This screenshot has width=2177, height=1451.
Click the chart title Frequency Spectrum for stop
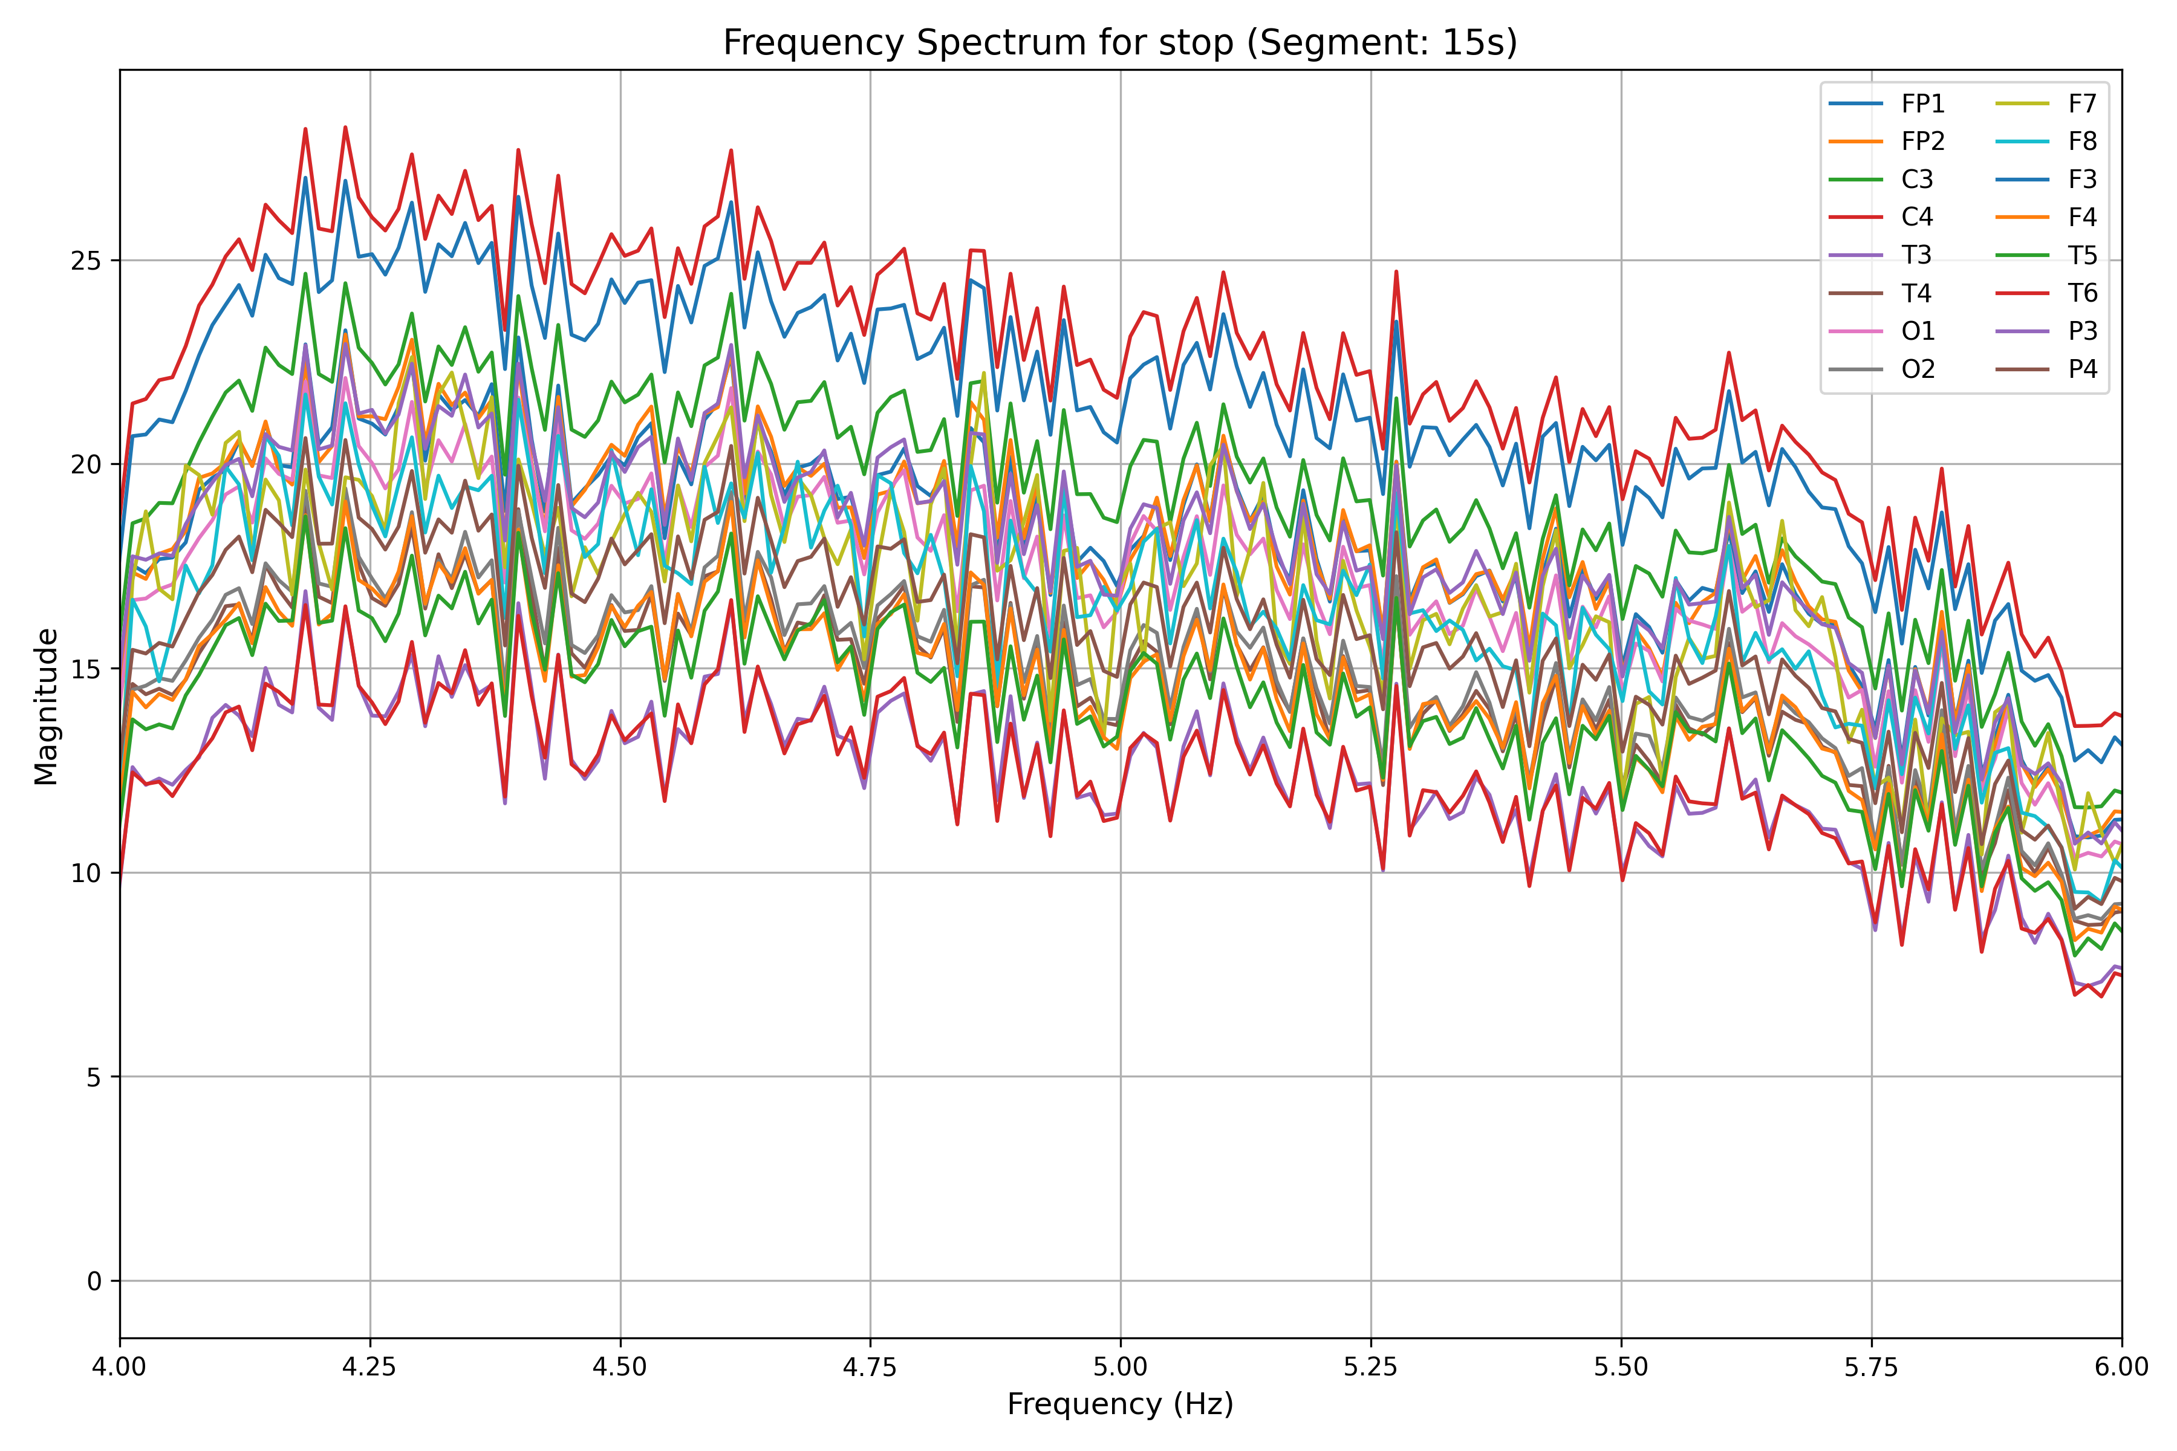[1120, 42]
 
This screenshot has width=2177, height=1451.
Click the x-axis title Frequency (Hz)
[1120, 1404]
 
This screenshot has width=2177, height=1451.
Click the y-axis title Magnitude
[47, 706]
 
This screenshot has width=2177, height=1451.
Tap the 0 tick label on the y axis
[94, 1282]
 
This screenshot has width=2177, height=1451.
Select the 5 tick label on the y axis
[94, 1077]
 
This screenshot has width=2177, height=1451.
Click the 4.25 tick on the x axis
[370, 1367]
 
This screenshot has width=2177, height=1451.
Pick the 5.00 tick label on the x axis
[1120, 1367]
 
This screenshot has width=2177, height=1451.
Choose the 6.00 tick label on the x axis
[2121, 1367]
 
